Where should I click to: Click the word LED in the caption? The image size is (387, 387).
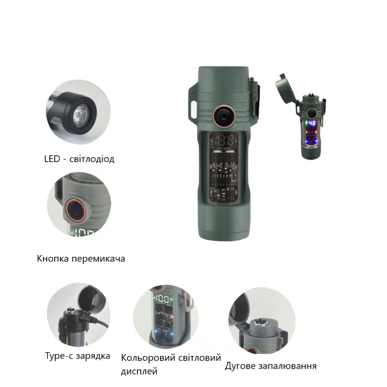coord(52,159)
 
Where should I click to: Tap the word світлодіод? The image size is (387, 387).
coord(92,159)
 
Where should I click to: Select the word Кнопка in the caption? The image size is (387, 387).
coord(53,259)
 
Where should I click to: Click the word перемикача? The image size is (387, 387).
coord(98,259)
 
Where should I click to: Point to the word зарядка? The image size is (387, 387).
coord(93,356)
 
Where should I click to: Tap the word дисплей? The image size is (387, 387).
coord(139,371)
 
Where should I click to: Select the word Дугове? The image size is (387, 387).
coord(239,366)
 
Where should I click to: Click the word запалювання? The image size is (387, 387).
coord(287,366)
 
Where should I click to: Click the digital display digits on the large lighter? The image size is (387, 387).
coord(224,141)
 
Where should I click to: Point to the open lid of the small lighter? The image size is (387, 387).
coord(286,89)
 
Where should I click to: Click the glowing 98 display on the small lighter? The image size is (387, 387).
coord(312,123)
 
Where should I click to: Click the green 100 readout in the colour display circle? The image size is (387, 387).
coord(163,299)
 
